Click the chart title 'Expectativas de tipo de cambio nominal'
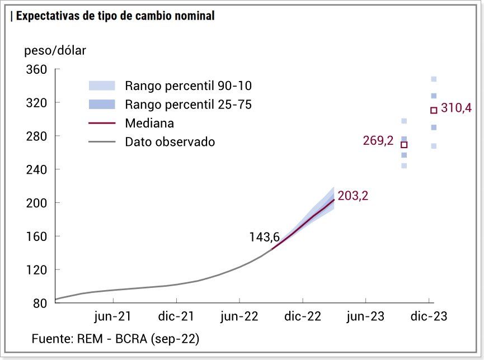[115, 16]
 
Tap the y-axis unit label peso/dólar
[55, 51]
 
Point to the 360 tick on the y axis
[37, 70]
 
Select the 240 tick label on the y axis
[37, 169]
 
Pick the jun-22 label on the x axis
[239, 317]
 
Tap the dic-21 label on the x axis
[176, 317]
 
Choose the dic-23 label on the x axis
[429, 317]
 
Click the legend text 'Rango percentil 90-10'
[189, 86]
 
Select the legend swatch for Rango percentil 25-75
[102, 104]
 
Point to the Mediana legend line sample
[102, 123]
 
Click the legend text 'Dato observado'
[170, 142]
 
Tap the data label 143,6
[264, 238]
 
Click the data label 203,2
[353, 196]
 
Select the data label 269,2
[378, 141]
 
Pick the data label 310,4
[456, 108]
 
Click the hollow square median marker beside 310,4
[434, 110]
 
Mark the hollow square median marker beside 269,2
[404, 145]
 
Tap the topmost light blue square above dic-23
[434, 79]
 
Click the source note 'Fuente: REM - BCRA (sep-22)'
[115, 339]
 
